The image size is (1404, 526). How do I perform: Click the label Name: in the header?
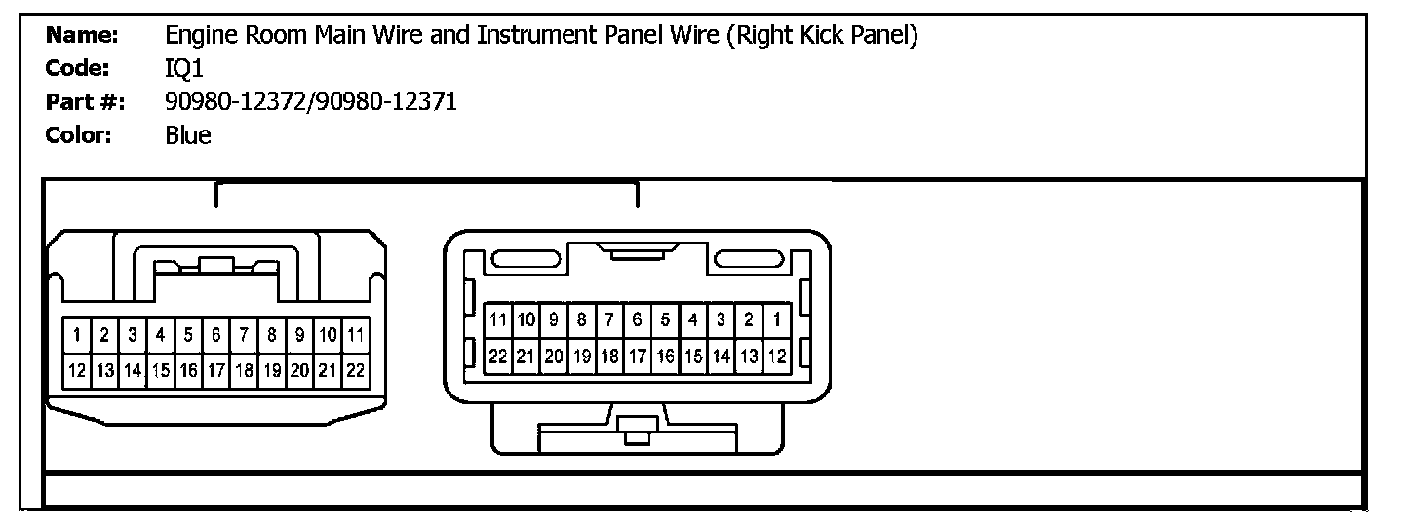coord(82,37)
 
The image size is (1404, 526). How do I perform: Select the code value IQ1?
coord(184,69)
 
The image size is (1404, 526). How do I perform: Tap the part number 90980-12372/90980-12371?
coord(311,101)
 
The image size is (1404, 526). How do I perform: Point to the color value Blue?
coord(188,134)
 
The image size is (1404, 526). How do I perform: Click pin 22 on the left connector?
coord(356,371)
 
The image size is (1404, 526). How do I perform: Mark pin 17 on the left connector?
coord(215,371)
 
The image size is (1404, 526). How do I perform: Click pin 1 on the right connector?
coord(777,319)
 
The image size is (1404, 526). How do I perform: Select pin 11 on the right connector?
coord(498,319)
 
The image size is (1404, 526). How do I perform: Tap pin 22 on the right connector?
coord(498,357)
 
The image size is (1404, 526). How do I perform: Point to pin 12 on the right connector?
coord(777,357)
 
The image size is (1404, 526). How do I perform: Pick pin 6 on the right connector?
coord(638,319)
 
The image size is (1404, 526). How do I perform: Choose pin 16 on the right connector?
coord(666,357)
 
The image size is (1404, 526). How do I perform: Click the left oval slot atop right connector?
coord(525,259)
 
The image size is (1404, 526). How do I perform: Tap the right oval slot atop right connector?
coord(750,259)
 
